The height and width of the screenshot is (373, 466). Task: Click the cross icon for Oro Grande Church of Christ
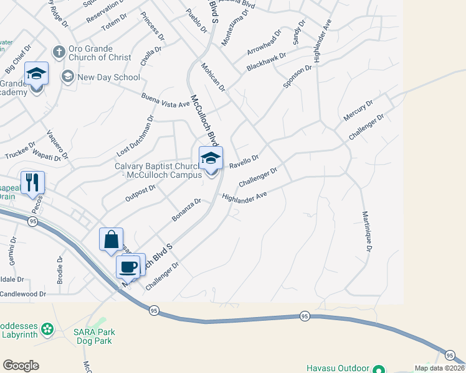(59, 52)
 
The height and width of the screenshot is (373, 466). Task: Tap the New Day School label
(109, 77)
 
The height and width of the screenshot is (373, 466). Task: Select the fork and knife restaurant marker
(32, 183)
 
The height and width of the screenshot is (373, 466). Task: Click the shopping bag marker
(111, 239)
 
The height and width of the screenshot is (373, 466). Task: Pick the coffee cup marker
(128, 266)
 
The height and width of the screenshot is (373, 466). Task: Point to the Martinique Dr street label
(367, 231)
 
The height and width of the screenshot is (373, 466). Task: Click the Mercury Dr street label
(358, 110)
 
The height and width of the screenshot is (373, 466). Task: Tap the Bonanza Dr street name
(186, 210)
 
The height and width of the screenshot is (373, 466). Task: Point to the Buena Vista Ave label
(165, 99)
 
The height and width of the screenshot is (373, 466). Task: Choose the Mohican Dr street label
(212, 76)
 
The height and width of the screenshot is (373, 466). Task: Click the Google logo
(21, 366)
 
